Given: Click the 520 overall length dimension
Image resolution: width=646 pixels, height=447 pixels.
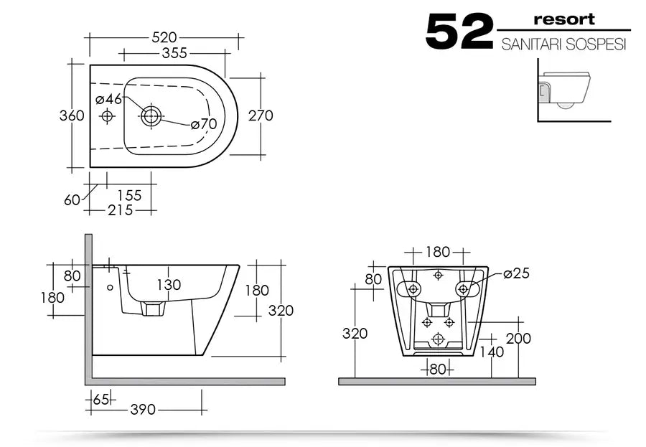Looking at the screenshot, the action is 164,37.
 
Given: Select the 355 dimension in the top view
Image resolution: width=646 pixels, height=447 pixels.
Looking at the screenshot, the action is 174,53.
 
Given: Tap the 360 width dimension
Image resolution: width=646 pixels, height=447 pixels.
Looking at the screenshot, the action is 72,116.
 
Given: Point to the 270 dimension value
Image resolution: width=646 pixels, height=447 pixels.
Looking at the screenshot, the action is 261,116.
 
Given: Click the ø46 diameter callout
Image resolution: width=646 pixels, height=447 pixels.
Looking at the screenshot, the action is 109,99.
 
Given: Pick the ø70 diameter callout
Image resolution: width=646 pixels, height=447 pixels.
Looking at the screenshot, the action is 204,123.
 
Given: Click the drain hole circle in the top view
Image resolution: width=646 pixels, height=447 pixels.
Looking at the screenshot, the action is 151,116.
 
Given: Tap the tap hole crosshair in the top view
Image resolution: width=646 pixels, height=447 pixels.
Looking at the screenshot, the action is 107,116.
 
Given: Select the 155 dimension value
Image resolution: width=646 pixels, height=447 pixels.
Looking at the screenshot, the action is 129,195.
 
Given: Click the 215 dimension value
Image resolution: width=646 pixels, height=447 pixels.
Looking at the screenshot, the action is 121,210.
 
